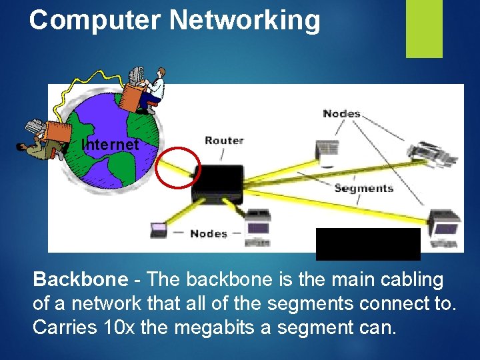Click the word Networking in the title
tap(245, 20)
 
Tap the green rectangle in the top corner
tap(425, 29)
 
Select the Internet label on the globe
tap(110, 144)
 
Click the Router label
tap(224, 140)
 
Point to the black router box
tap(217, 184)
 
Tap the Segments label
tap(364, 188)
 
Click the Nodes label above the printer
tap(341, 113)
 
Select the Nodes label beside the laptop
tap(208, 233)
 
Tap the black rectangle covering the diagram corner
tap(368, 243)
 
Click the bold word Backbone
tap(79, 279)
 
